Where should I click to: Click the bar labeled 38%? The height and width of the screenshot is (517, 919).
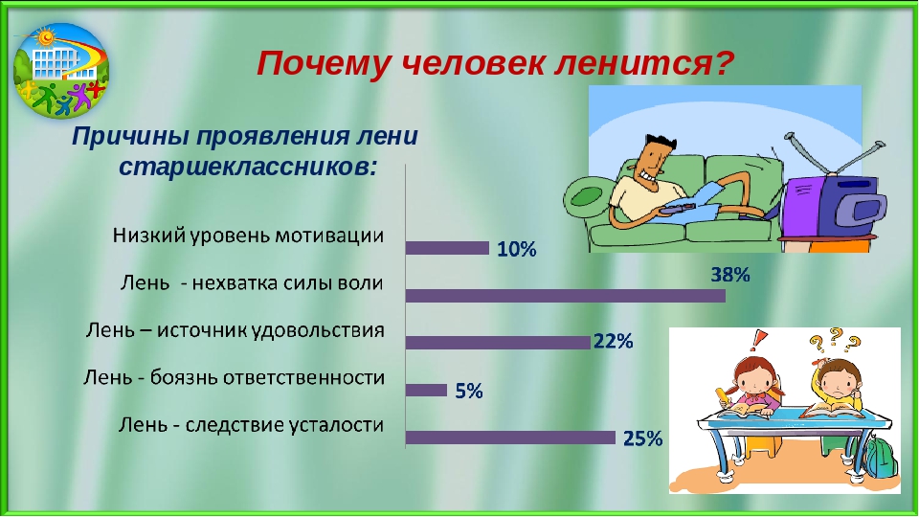coord(566,296)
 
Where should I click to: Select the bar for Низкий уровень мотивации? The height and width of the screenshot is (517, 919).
coord(447,248)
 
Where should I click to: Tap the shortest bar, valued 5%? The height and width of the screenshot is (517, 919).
coord(426,390)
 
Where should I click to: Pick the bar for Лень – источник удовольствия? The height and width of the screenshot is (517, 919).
coord(498,343)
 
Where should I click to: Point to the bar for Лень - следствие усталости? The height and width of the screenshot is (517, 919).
coord(510,438)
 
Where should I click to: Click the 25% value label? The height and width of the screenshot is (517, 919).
coord(642,438)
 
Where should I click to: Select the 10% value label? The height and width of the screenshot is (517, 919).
coord(517,250)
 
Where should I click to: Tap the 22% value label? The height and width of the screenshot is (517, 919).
coord(614,341)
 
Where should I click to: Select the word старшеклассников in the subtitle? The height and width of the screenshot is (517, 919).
coord(247,168)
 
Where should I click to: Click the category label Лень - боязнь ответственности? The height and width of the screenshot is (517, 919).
coord(234,377)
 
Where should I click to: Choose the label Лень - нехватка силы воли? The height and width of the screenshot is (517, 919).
coord(252,283)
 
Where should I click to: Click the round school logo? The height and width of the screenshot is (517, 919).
coord(61,70)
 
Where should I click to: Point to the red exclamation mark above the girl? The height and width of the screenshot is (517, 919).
coord(759,340)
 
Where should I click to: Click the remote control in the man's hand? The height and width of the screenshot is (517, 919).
coord(677,208)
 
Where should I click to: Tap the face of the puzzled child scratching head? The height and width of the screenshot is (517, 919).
coord(835,381)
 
